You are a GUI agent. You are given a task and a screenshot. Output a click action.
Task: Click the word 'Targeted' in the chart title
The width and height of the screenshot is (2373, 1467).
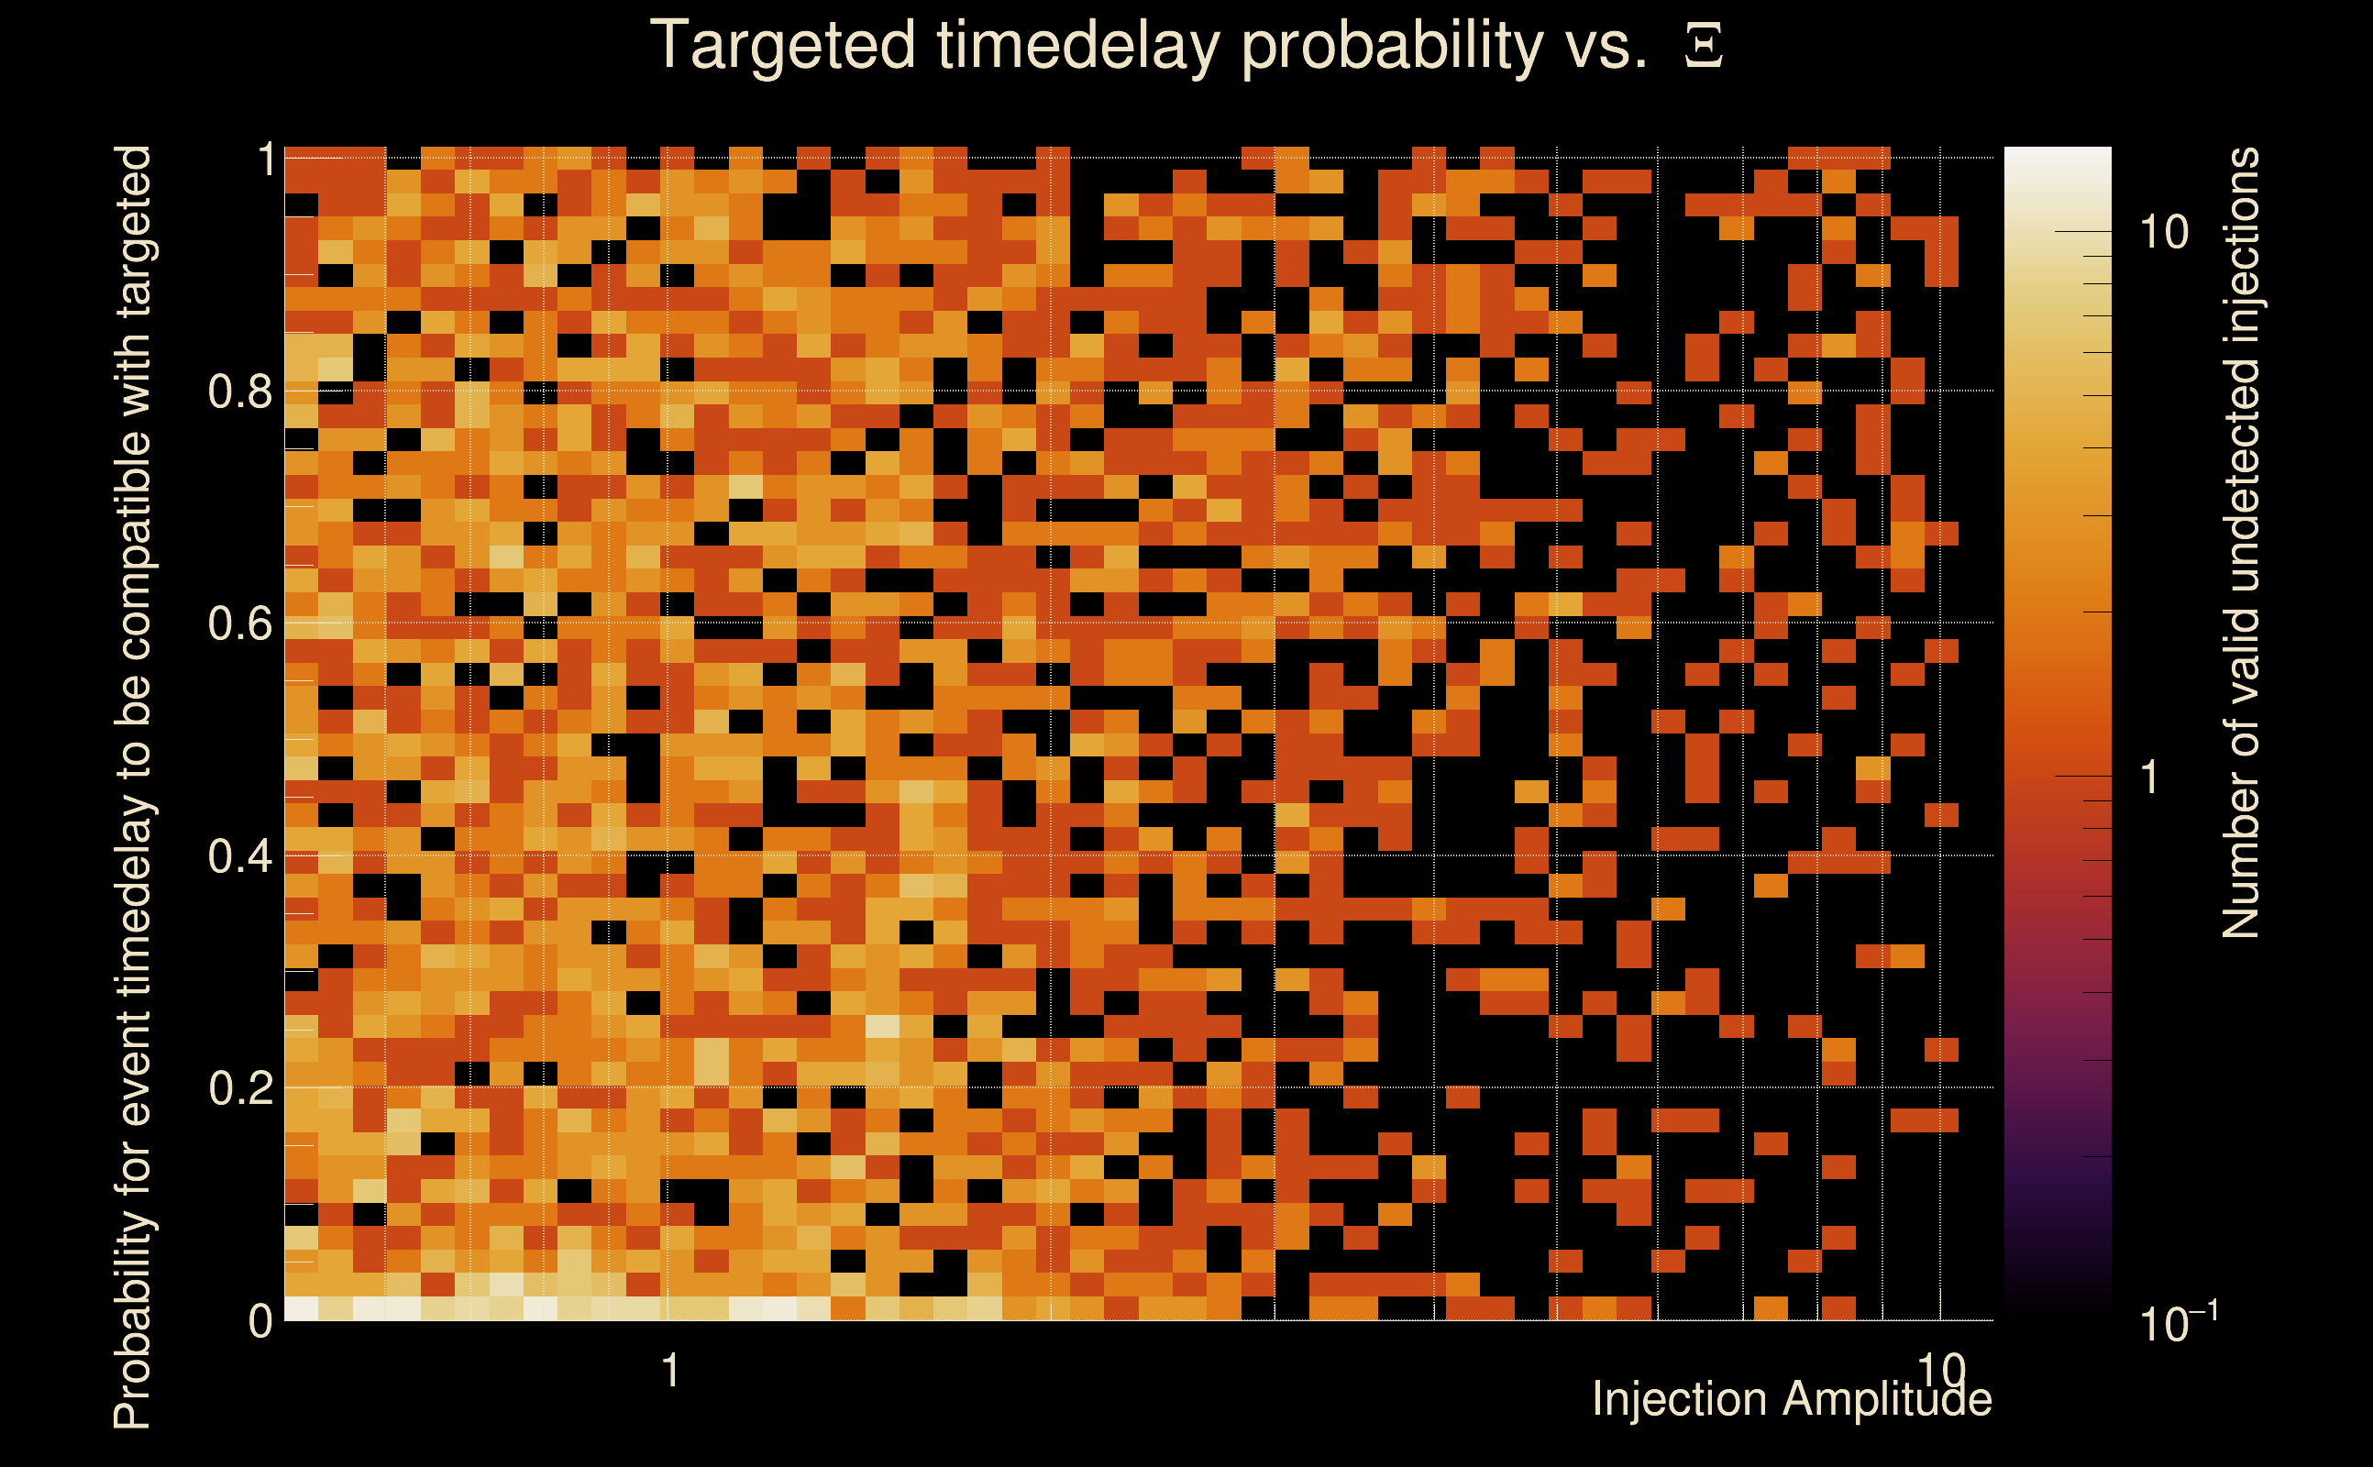tap(782, 47)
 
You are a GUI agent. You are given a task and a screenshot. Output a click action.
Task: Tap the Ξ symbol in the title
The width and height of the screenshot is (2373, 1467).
tap(1704, 47)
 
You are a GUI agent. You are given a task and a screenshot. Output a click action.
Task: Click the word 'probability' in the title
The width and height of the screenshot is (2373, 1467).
tap(1391, 47)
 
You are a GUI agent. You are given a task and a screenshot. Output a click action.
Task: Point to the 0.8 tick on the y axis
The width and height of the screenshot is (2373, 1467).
tap(239, 392)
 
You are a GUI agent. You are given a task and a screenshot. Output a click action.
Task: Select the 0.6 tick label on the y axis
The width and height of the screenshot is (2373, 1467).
tap(239, 623)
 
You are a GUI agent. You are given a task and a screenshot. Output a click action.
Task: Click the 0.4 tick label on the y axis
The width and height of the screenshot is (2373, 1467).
tap(239, 855)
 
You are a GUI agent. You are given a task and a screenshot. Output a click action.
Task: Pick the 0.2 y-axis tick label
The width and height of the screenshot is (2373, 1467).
tap(239, 1087)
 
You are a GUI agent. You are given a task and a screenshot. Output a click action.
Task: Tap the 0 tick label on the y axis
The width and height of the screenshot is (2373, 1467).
tap(260, 1320)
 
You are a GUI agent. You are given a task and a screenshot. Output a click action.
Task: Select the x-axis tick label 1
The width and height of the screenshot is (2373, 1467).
tap(670, 1370)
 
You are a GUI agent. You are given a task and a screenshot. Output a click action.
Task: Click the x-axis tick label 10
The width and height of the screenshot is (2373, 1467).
tap(1940, 1370)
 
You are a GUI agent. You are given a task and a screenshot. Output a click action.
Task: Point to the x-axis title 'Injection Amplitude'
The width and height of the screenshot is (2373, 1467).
tap(1792, 1399)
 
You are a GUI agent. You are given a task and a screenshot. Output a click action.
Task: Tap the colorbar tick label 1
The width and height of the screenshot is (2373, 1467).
tap(2149, 778)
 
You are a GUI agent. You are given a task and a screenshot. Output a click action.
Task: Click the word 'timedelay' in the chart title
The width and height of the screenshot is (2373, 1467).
tap(1077, 47)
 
